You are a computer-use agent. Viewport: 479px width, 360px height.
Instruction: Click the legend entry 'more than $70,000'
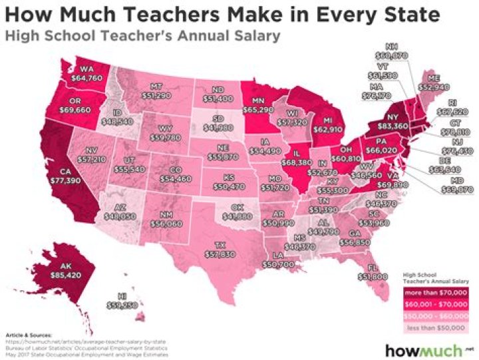point(432,291)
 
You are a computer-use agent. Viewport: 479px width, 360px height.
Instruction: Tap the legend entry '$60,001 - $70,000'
point(432,302)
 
